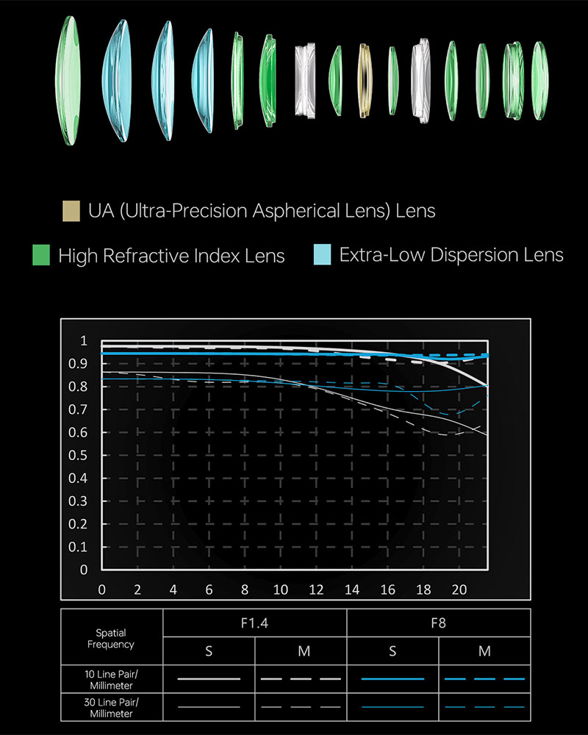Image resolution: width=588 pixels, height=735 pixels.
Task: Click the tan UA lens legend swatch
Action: tap(71, 211)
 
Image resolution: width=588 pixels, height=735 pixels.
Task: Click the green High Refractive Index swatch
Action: tap(41, 255)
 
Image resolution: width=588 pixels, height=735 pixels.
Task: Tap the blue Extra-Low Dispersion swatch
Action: tap(322, 255)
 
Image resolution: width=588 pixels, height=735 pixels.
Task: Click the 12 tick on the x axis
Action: tap(316, 589)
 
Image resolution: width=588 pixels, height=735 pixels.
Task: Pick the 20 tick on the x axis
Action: tap(459, 589)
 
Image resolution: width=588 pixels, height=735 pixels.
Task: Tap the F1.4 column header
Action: tap(254, 623)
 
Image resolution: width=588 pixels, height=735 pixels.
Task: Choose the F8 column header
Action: tap(438, 623)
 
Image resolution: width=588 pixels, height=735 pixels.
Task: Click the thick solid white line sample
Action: tap(209, 678)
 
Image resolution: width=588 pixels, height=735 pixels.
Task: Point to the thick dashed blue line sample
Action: tap(484, 678)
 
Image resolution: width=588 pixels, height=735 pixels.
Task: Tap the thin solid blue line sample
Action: tap(392, 707)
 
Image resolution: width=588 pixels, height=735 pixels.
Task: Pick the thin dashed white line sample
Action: tap(301, 707)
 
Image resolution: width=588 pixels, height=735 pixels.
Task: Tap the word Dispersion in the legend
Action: tap(466, 255)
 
